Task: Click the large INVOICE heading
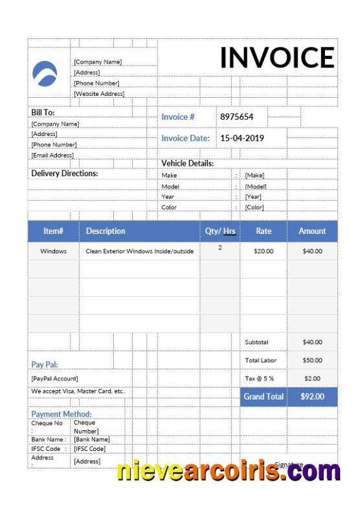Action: point(277,58)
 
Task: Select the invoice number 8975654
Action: point(237,117)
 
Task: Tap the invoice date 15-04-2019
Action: point(242,138)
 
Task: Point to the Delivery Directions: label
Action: point(65,174)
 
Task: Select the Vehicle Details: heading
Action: point(187,164)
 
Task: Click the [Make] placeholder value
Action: point(254,176)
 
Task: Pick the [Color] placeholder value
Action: point(254,207)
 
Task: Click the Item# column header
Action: point(53,231)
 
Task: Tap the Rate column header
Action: point(264,231)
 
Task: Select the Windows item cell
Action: point(53,251)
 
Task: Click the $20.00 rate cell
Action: point(264,251)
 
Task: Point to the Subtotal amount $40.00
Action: point(312,342)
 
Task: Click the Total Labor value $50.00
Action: point(312,360)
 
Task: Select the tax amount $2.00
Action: point(312,378)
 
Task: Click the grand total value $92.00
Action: point(312,397)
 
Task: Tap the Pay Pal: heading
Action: point(45,365)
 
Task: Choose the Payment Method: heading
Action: point(62,414)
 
